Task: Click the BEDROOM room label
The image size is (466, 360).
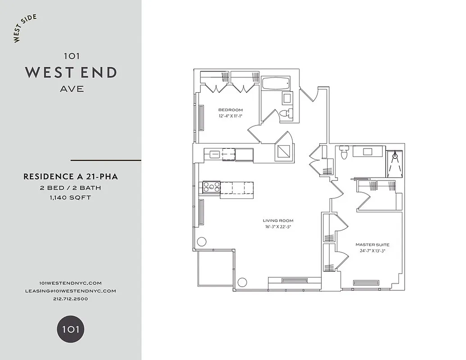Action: pyautogui.click(x=231, y=110)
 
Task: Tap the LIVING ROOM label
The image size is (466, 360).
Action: pyautogui.click(x=278, y=220)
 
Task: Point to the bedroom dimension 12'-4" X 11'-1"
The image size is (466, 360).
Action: pyautogui.click(x=231, y=116)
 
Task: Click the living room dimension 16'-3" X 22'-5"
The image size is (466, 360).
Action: pyautogui.click(x=278, y=227)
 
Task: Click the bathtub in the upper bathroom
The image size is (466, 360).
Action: pyautogui.click(x=276, y=83)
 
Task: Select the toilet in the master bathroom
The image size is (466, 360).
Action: pyautogui.click(x=344, y=153)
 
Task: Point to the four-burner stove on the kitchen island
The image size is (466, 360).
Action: pyautogui.click(x=211, y=187)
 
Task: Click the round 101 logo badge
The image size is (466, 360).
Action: pyautogui.click(x=70, y=329)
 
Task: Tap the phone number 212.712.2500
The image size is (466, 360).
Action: pyautogui.click(x=71, y=299)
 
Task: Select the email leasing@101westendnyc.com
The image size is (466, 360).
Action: pyautogui.click(x=71, y=291)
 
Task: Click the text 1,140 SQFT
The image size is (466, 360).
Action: pyautogui.click(x=71, y=197)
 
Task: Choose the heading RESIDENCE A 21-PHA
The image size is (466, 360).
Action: pyautogui.click(x=71, y=177)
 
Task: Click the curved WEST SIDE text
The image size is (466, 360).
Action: pyautogui.click(x=25, y=28)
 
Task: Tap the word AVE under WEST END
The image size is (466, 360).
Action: pyautogui.click(x=72, y=89)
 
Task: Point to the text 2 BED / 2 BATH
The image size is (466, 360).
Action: pyautogui.click(x=71, y=188)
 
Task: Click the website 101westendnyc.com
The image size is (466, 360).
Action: pyautogui.click(x=71, y=283)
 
